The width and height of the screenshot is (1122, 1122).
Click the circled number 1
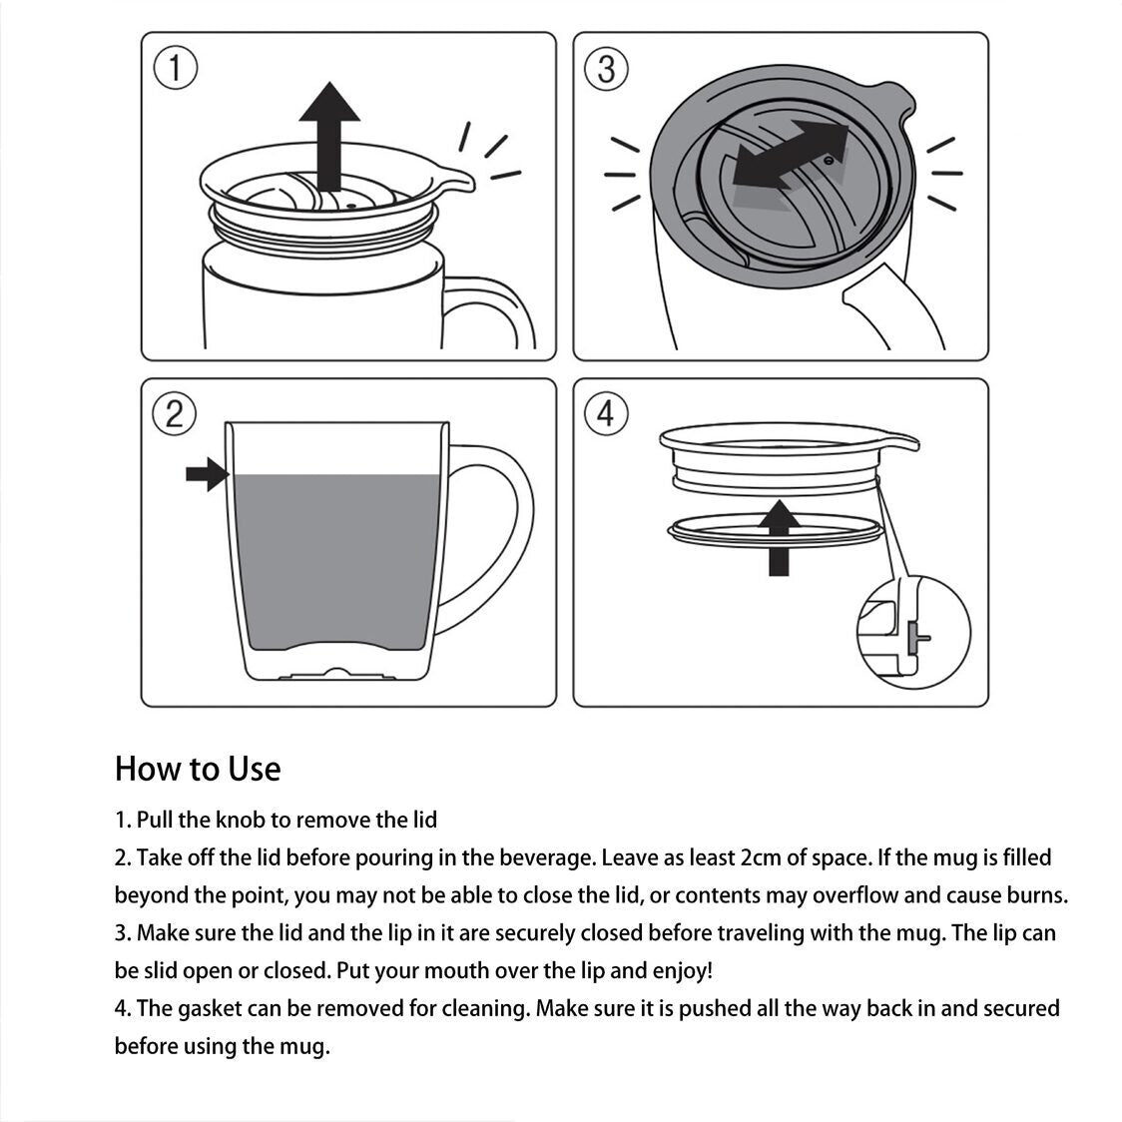pyautogui.click(x=176, y=69)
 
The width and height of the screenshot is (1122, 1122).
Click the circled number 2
pyautogui.click(x=175, y=414)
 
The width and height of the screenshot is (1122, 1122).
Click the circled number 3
pyautogui.click(x=606, y=69)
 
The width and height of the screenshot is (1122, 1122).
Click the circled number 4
pyautogui.click(x=606, y=412)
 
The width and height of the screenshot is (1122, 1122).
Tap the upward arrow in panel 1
pyautogui.click(x=329, y=130)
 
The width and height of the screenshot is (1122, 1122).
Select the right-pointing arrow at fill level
pyautogui.click(x=208, y=474)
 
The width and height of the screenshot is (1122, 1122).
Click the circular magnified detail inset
pyautogui.click(x=913, y=631)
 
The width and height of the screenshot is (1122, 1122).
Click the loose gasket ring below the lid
pyautogui.click(x=774, y=531)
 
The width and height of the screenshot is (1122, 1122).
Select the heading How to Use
pyautogui.click(x=198, y=769)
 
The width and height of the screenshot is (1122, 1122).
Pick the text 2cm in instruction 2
pyautogui.click(x=767, y=857)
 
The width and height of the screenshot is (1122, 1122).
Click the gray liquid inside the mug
pyautogui.click(x=334, y=559)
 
